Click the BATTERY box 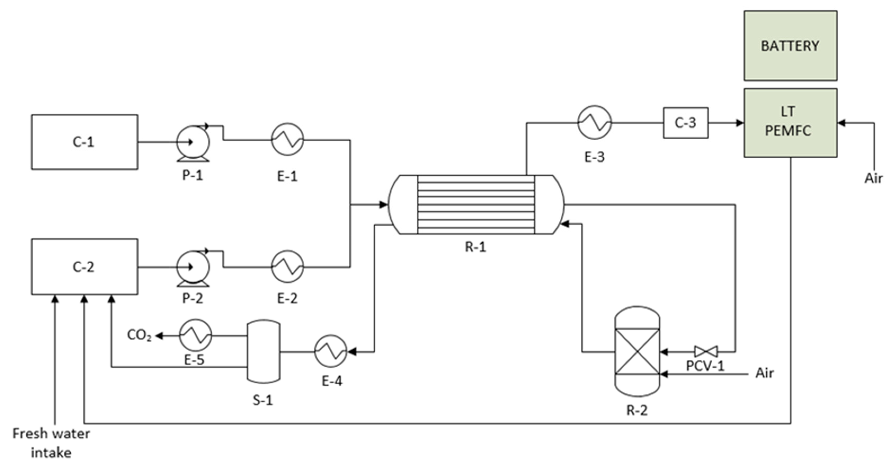pyautogui.click(x=790, y=46)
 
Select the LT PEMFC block pyautogui.click(x=790, y=123)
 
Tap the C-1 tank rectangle pyautogui.click(x=85, y=142)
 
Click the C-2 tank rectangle pyautogui.click(x=85, y=267)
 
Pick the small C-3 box pyautogui.click(x=686, y=123)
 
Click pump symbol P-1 pyautogui.click(x=193, y=142)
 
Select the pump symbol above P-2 pyautogui.click(x=193, y=267)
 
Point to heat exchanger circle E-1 pyautogui.click(x=287, y=140)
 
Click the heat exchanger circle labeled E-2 pyautogui.click(x=287, y=267)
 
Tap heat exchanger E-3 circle pyautogui.click(x=594, y=123)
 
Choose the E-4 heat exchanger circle pyautogui.click(x=331, y=351)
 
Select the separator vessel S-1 pyautogui.click(x=263, y=351)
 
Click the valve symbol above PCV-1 pyautogui.click(x=706, y=352)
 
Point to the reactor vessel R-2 pyautogui.click(x=638, y=351)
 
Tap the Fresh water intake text pyautogui.click(x=51, y=443)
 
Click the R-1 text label pyautogui.click(x=475, y=247)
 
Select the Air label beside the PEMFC pyautogui.click(x=873, y=178)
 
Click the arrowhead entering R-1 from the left pyautogui.click(x=384, y=205)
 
